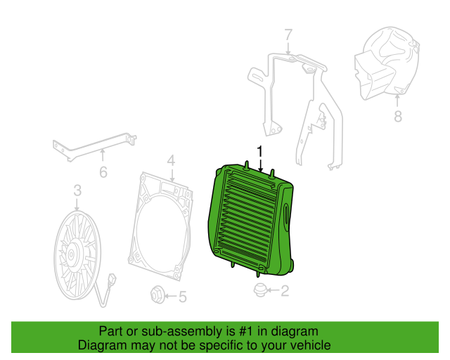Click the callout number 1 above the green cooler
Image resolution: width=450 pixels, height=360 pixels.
click(x=259, y=151)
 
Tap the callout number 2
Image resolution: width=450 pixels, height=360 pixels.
click(x=284, y=291)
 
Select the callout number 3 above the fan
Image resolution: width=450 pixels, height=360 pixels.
click(x=77, y=191)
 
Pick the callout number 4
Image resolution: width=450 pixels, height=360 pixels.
click(x=171, y=161)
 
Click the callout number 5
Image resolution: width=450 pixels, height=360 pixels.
click(x=183, y=297)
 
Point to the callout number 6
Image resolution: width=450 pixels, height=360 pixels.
click(x=103, y=172)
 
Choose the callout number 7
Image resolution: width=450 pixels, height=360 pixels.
click(x=288, y=34)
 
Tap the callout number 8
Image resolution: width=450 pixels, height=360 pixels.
click(x=398, y=116)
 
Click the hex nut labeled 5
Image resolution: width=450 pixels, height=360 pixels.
click(x=157, y=295)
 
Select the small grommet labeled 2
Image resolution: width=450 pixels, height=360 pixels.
click(x=261, y=290)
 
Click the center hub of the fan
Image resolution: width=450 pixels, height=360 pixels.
click(x=71, y=255)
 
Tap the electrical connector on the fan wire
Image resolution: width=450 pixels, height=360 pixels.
click(x=112, y=279)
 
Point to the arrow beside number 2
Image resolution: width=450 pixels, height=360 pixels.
click(x=274, y=290)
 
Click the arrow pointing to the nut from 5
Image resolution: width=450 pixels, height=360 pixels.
click(x=171, y=296)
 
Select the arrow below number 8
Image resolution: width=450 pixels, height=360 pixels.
click(x=397, y=101)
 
